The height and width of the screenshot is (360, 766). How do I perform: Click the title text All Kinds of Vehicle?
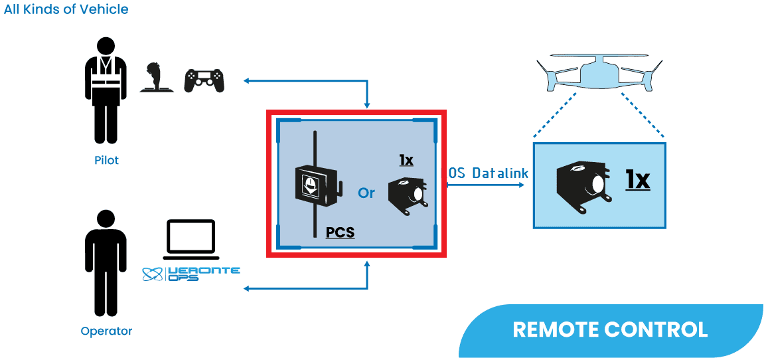click(66, 10)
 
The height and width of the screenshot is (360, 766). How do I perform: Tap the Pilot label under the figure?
click(106, 160)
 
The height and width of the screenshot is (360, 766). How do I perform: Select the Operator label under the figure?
click(106, 331)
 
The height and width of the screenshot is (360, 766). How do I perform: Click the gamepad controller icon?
click(204, 80)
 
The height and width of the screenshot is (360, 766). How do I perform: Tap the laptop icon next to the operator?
click(191, 240)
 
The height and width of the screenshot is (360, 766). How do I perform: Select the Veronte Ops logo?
click(191, 273)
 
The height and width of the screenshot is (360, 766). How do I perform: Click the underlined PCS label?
click(340, 233)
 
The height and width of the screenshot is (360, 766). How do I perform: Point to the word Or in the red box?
click(366, 193)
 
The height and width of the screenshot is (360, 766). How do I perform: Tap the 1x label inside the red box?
click(406, 160)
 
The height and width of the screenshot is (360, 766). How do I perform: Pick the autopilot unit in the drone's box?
click(581, 182)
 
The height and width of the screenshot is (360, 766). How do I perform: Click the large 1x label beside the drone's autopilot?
click(637, 179)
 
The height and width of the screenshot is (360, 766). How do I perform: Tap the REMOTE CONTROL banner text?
click(610, 329)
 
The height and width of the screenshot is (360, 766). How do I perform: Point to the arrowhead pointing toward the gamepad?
click(246, 81)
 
